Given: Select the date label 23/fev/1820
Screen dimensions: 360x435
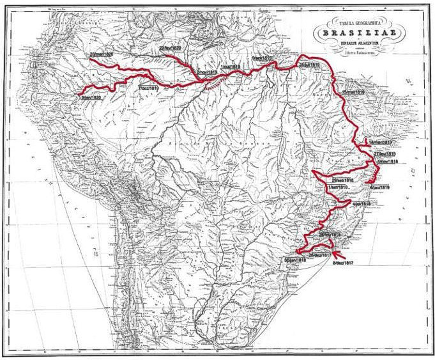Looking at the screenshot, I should (170, 48).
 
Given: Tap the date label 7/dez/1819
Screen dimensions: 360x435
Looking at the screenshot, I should (148, 90).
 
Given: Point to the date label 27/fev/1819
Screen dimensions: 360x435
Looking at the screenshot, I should (385, 155).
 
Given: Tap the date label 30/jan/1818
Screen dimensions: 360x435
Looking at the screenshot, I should (294, 260).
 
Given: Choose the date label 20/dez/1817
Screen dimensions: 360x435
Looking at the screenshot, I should (320, 255).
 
